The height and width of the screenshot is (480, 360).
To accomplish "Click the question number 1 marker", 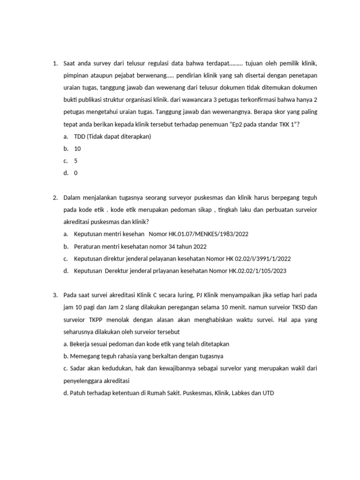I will pyautogui.click(x=55, y=63).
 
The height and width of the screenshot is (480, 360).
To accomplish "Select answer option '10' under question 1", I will pyautogui.click(x=77, y=149).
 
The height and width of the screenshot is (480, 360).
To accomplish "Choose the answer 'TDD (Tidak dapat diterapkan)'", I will pyautogui.click(x=112, y=136).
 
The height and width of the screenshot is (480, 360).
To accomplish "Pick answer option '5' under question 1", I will pyautogui.click(x=76, y=161).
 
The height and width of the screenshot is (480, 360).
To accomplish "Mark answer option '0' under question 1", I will pyautogui.click(x=76, y=173).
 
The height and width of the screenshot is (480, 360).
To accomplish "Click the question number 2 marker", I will pyautogui.click(x=55, y=197).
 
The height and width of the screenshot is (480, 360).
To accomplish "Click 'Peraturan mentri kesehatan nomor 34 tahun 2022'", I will pyautogui.click(x=140, y=246).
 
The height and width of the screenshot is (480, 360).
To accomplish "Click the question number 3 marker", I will pyautogui.click(x=55, y=295).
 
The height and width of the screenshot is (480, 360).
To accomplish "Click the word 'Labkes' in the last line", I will pyautogui.click(x=239, y=392).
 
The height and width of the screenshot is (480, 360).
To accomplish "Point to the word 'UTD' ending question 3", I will pyautogui.click(x=267, y=392).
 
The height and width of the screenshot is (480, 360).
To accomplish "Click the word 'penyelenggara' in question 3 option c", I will pyautogui.click(x=82, y=380).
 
